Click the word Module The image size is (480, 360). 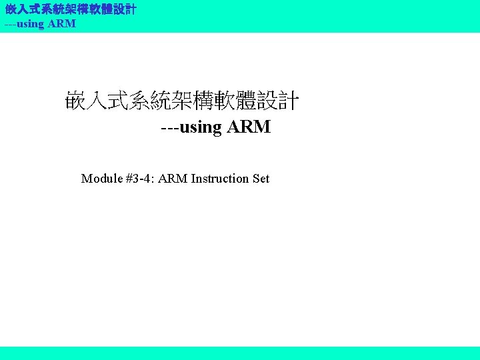pos(101,179)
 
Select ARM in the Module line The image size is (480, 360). pos(175,179)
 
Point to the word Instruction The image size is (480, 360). pos(221,179)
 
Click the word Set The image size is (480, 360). pos(261,179)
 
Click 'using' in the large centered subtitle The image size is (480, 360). pos(201,127)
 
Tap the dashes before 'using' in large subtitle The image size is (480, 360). pos(169,127)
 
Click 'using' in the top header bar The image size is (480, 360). pos(31,24)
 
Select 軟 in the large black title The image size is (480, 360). pos(235,102)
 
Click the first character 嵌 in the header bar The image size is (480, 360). pos(11,10)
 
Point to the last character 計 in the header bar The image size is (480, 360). pos(131,10)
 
